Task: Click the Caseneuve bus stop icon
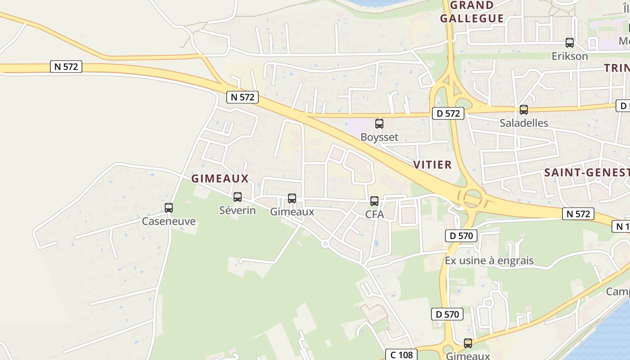tap(169, 208)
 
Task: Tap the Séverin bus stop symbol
tap(238, 197)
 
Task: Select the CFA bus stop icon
tap(374, 201)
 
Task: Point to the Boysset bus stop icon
tap(379, 124)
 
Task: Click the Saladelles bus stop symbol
tap(524, 110)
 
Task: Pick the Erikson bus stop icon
tap(570, 43)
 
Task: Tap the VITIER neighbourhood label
tap(432, 165)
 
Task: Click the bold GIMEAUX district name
tap(220, 179)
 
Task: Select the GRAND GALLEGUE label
tap(472, 12)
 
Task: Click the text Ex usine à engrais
tap(489, 261)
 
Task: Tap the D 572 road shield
tap(448, 113)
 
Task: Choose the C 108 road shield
tap(401, 355)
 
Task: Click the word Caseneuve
tap(169, 221)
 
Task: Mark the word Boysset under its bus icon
tap(379, 137)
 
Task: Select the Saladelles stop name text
tap(524, 123)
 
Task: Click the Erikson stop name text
tap(570, 56)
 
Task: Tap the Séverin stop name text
tap(238, 210)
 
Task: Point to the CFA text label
tap(374, 215)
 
